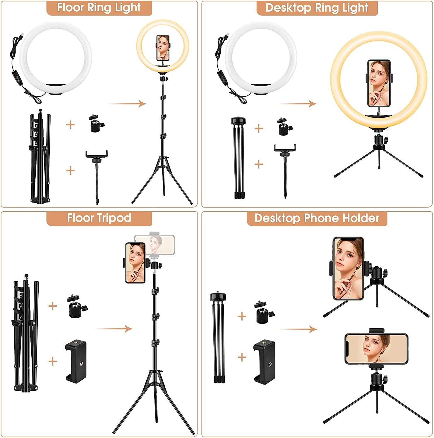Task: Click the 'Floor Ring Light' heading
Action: tap(99, 8)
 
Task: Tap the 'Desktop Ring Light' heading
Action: tap(317, 8)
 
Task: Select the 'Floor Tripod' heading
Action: tap(99, 218)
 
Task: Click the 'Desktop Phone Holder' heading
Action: tap(317, 218)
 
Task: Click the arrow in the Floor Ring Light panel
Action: tap(128, 104)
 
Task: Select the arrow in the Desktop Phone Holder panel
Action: tap(298, 329)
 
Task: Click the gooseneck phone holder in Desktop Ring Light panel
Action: tap(285, 169)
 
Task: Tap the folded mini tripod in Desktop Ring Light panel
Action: tap(239, 158)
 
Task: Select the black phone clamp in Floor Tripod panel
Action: tap(76, 361)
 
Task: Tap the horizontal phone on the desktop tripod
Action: tap(376, 349)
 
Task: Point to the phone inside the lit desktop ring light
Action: tap(379, 83)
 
